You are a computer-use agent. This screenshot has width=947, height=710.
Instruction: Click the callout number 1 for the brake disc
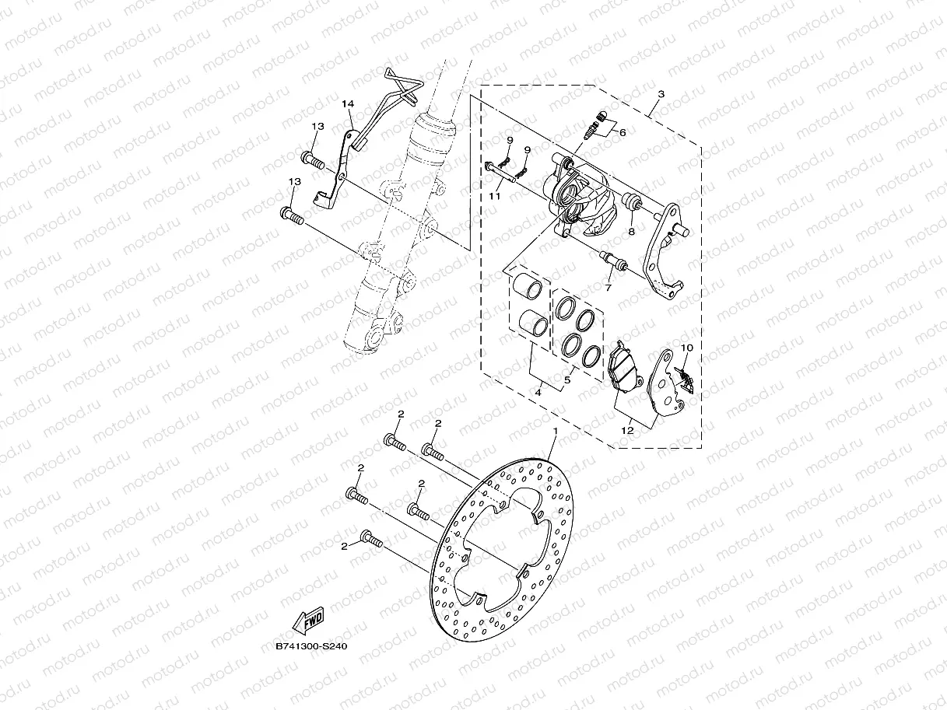[556, 430]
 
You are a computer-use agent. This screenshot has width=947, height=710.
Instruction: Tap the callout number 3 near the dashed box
[661, 94]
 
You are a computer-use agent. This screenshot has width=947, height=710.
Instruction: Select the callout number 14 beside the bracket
[347, 103]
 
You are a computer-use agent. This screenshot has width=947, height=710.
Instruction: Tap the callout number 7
[608, 288]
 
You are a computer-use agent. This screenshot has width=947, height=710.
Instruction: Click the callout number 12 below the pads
[626, 428]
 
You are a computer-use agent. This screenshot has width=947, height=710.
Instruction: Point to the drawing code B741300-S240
[310, 646]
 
